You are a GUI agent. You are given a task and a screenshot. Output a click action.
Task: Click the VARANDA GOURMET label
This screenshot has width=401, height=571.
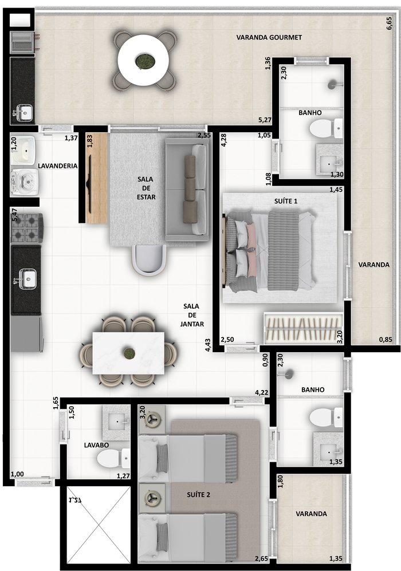click(x=269, y=37)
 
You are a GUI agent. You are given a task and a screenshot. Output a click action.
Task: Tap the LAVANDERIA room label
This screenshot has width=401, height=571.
click(x=57, y=166)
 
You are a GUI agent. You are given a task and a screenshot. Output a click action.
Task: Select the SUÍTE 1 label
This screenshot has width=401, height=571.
click(x=286, y=200)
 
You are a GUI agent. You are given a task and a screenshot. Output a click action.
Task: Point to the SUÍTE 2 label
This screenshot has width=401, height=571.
click(x=198, y=494)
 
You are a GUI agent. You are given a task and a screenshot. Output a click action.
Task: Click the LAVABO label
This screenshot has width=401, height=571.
click(x=96, y=445)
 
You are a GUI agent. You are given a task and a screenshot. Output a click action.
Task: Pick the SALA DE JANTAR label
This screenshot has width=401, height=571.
click(x=191, y=315)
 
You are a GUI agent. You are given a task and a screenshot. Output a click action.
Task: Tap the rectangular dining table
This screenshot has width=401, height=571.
click(x=128, y=353)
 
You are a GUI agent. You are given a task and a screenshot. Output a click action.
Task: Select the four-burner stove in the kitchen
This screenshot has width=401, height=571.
click(x=27, y=228)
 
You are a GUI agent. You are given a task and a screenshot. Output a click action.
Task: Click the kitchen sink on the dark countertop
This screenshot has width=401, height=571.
click(x=27, y=279)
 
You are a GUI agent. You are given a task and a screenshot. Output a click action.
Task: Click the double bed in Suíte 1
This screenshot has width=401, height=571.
click(x=269, y=251)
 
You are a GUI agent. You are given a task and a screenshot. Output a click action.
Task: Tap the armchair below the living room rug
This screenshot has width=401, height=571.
click(x=148, y=259)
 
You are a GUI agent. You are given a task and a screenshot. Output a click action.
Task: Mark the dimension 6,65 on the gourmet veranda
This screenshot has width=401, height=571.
click(x=389, y=23)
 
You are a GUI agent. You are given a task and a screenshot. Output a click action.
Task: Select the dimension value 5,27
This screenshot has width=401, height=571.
click(x=265, y=120)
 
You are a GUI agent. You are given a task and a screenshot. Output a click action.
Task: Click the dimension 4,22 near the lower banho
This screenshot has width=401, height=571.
click(x=261, y=392)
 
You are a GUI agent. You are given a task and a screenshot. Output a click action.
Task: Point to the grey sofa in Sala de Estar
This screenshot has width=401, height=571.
click(x=187, y=190)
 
